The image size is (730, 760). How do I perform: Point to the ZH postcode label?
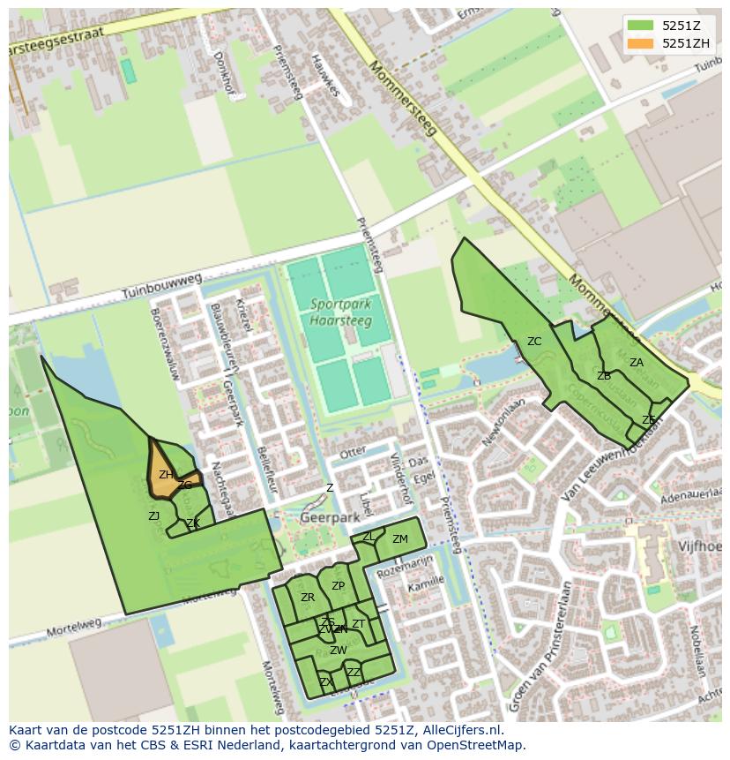coord(165,475)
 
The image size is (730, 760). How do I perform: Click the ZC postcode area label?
coord(534,342)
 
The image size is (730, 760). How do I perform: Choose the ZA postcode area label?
coord(636,363)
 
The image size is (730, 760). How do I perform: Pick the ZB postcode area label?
coord(604,376)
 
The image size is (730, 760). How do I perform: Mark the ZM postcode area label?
coord(400,539)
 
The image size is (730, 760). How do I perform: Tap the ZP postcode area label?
coord(338,586)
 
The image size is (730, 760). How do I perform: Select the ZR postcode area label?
coord(308,598)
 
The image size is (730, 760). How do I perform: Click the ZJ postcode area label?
coord(153,516)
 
